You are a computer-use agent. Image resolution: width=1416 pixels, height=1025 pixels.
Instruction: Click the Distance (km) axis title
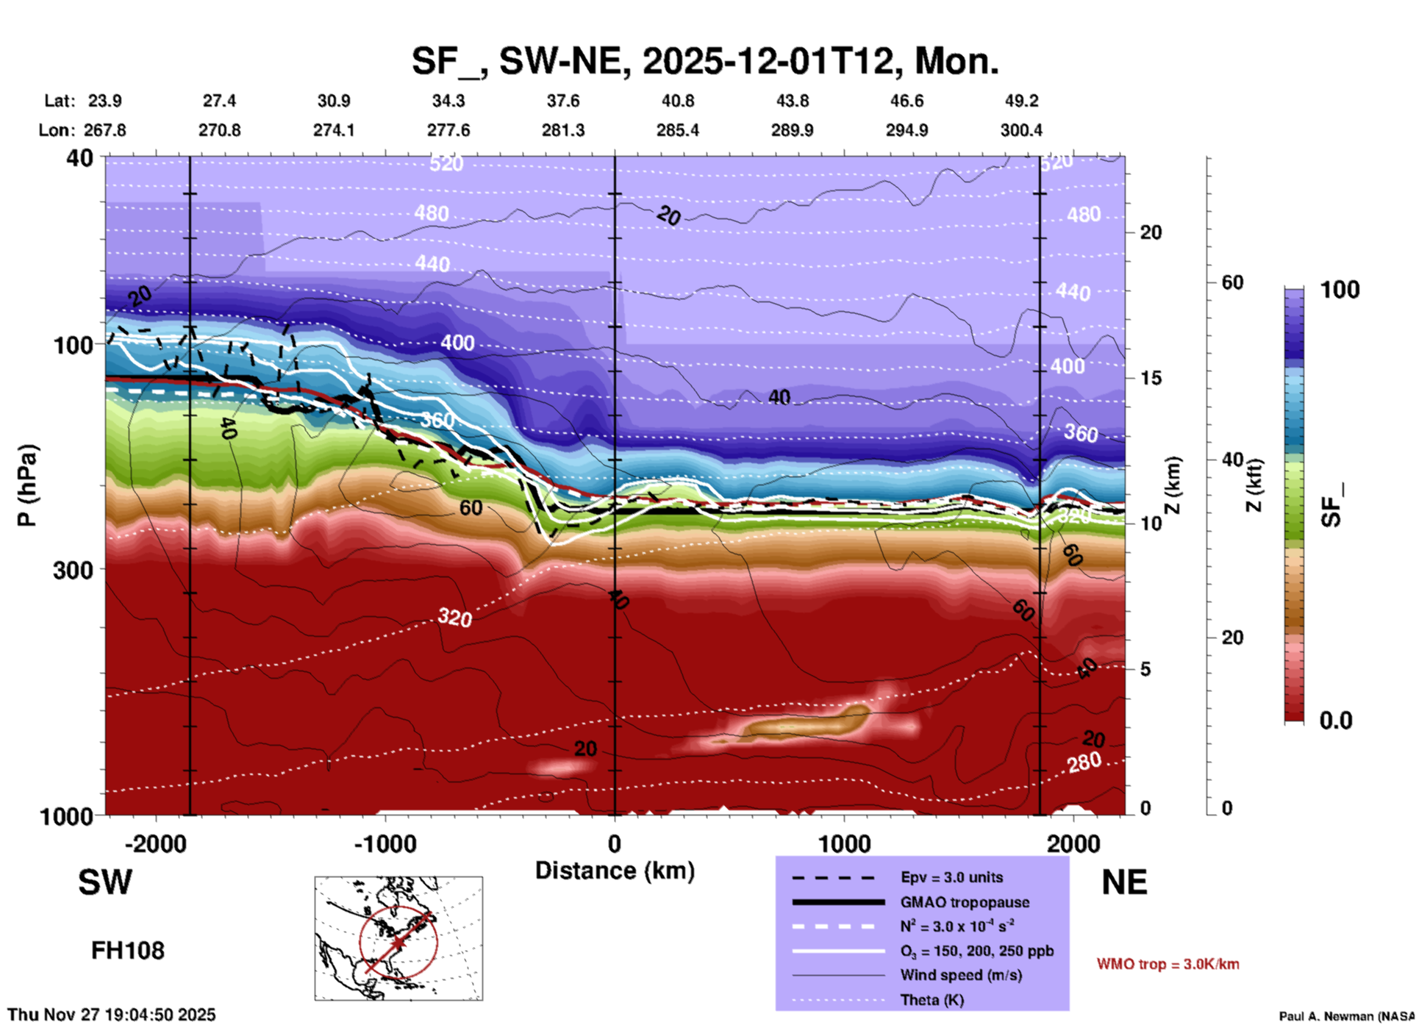[615, 871]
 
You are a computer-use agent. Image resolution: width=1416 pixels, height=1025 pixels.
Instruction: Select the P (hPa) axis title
[27, 485]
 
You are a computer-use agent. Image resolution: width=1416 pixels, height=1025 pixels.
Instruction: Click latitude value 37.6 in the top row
[563, 101]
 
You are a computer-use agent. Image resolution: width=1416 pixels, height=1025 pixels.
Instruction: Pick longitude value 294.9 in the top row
[907, 130]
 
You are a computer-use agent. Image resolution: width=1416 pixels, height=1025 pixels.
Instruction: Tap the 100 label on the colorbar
[1340, 290]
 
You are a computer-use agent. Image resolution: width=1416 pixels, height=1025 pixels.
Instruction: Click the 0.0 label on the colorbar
[1336, 721]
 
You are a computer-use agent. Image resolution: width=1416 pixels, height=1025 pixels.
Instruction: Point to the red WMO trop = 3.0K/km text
[1168, 964]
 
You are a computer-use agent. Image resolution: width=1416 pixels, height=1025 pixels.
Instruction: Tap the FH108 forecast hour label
[128, 951]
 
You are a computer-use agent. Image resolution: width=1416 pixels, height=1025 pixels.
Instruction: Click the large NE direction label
[1124, 882]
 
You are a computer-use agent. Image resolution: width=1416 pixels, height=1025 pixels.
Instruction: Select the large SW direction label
[105, 882]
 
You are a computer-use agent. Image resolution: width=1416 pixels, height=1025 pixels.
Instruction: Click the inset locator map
[398, 938]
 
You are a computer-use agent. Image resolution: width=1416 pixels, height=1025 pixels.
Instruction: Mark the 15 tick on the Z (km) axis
[1151, 378]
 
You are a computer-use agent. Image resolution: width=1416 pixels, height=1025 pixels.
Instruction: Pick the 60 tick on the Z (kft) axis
[1232, 282]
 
